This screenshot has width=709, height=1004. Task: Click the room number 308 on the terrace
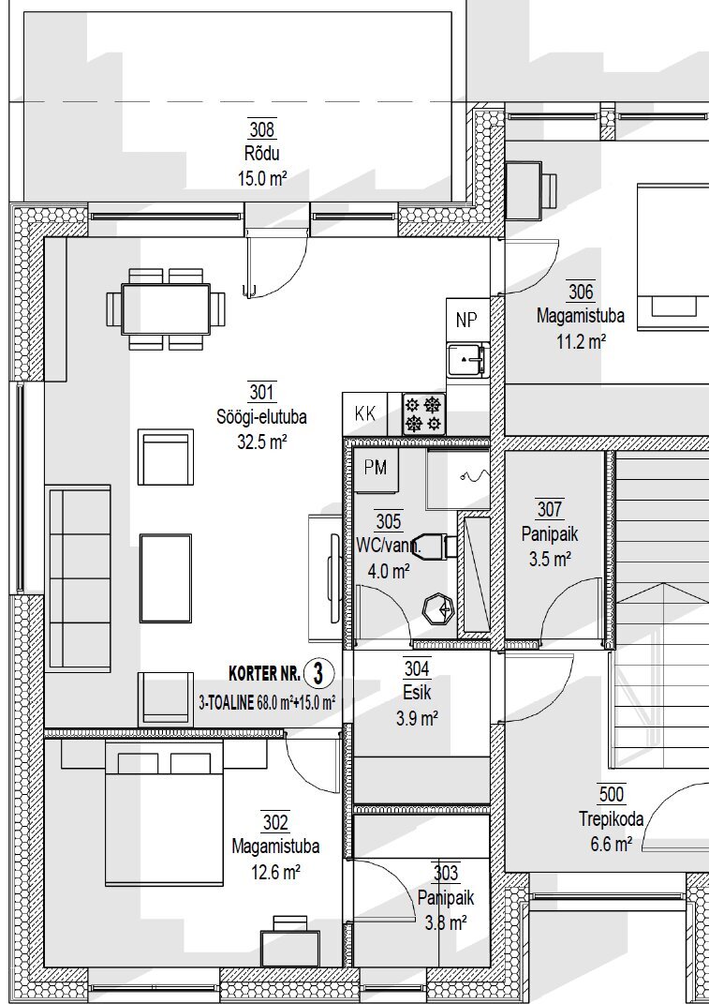point(261,130)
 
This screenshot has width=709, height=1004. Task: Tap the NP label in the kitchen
point(467,320)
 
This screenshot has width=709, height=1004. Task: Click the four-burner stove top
point(423,414)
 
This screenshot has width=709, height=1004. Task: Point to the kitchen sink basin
point(467,359)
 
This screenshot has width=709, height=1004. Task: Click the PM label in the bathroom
point(376,468)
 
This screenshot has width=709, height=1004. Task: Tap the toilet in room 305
point(436,546)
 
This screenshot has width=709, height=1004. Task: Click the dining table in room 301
point(167,309)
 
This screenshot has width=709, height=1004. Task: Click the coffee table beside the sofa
point(166,578)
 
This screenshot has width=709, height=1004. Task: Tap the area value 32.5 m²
point(261,442)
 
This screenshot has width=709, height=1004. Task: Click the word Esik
point(417,693)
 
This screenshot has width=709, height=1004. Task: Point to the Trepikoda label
point(611,819)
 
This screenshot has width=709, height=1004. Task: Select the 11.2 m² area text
point(581,341)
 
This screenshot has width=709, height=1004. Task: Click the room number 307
point(550,510)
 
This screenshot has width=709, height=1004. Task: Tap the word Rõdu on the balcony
point(261,155)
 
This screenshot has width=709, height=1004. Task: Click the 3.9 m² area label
point(417,719)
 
